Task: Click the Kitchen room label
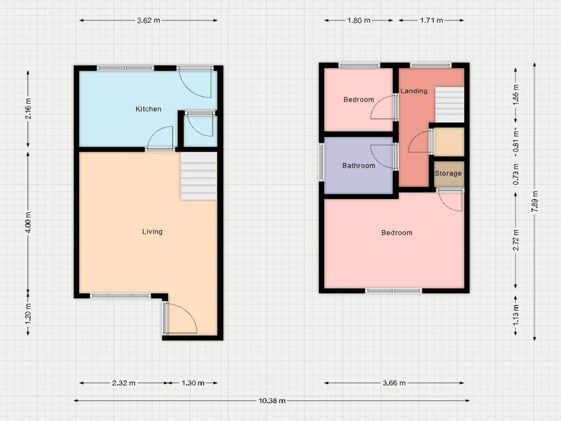pos(148,109)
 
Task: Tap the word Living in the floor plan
pos(153,232)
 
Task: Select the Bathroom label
pos(359,166)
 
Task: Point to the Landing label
pos(414,91)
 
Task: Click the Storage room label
pos(448,173)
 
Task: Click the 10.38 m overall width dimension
pos(272,400)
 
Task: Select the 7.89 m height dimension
pos(535,201)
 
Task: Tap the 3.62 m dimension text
pos(149,20)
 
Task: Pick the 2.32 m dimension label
pos(124,383)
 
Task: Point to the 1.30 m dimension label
pos(193,383)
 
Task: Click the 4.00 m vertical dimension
pos(28,222)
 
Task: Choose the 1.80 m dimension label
pos(359,20)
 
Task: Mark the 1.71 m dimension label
pos(431,20)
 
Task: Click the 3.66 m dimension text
pos(394,383)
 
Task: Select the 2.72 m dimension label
pos(516,240)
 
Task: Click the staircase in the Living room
pos(199,176)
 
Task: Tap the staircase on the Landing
pos(450,104)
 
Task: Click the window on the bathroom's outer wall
pos(322,162)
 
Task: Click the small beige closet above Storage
pos(449,142)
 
